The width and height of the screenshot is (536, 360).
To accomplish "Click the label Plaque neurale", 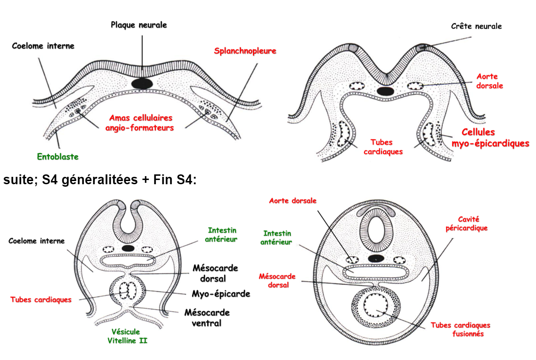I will [x=139, y=25].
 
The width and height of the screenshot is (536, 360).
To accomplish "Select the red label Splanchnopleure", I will [x=245, y=51].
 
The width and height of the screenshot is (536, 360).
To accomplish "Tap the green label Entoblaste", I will [x=58, y=157].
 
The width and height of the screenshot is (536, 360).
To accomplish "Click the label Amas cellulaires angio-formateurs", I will [x=140, y=123].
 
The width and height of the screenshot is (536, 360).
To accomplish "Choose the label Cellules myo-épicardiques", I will [x=490, y=138].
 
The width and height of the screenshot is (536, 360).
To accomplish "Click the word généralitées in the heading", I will [x=100, y=180].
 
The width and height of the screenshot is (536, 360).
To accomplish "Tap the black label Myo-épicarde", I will [x=221, y=294].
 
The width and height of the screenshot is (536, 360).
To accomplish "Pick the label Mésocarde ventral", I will [x=207, y=317].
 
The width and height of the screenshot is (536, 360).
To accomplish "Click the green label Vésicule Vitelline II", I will [x=127, y=336].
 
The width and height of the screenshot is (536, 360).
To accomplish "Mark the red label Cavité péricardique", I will [x=466, y=224].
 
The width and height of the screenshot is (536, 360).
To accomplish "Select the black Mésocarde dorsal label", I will [x=215, y=273].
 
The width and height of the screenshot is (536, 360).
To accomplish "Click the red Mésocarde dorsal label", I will [x=277, y=281].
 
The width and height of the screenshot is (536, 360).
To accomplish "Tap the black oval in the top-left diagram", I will [x=142, y=83].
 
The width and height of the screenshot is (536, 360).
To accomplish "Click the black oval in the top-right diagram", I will [x=385, y=91].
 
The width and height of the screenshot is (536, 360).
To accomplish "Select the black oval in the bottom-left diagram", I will [x=128, y=248].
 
